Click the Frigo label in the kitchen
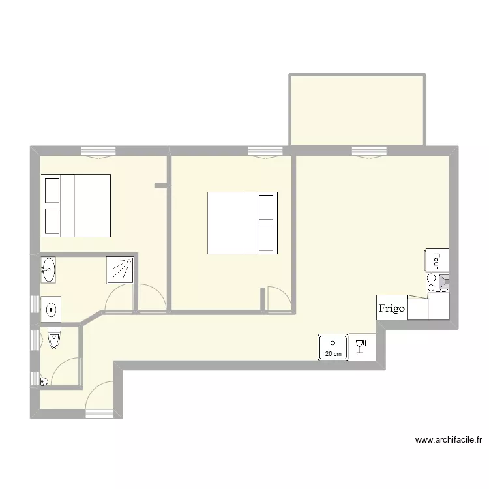[392, 308]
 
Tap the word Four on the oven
[437, 261]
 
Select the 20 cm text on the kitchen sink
[333, 354]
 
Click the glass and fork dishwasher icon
[362, 347]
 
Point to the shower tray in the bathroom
[120, 270]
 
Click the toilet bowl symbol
[54, 338]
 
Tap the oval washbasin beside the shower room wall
[48, 270]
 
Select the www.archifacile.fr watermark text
[449, 440]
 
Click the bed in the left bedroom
[76, 206]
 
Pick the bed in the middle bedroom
[243, 223]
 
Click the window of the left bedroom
[98, 153]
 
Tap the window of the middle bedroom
[265, 153]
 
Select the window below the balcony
[369, 153]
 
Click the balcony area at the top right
[357, 110]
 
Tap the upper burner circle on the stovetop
[432, 278]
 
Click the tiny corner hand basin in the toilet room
[44, 381]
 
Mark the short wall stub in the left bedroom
[162, 186]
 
